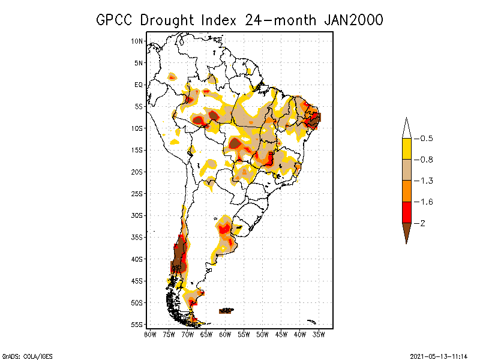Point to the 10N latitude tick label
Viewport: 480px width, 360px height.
click(137, 41)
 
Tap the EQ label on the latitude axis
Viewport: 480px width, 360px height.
click(139, 85)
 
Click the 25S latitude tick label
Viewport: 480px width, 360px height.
click(137, 194)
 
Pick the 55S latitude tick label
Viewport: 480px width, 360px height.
click(137, 325)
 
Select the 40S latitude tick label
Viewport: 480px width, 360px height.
click(137, 259)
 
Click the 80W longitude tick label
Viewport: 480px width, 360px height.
click(150, 334)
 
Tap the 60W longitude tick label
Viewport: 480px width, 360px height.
click(225, 334)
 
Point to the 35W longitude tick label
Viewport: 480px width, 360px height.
click(319, 334)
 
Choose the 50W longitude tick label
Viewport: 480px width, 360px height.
click(263, 334)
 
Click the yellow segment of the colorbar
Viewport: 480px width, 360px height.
click(406, 149)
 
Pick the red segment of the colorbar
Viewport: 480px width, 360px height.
click(406, 212)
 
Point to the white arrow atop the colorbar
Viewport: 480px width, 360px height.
click(406, 128)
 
